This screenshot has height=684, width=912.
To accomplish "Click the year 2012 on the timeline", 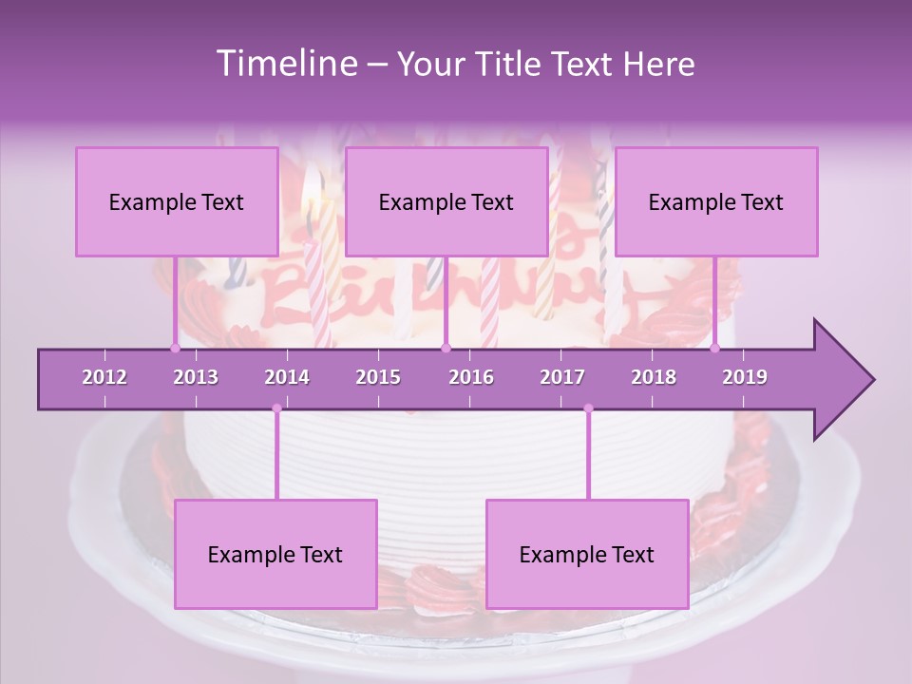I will (104, 377).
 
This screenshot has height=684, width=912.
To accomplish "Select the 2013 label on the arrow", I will (196, 377).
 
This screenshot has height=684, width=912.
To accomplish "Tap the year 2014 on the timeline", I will (287, 377).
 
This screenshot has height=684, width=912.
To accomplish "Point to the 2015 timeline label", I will (378, 377).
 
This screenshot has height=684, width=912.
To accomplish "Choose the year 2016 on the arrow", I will (471, 377).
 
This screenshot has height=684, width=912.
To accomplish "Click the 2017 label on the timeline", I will (562, 377).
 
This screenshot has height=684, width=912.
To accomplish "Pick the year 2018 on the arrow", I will (654, 377).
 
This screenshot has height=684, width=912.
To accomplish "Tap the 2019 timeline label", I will (745, 377).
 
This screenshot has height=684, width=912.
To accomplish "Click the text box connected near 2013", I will (177, 201).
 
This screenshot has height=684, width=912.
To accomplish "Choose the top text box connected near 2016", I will (446, 201).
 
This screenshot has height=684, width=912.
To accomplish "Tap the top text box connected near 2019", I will (716, 201).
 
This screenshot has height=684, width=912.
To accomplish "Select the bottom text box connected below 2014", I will (275, 554).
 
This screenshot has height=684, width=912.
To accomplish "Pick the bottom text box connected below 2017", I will (587, 554).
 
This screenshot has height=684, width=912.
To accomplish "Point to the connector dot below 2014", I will (276, 408).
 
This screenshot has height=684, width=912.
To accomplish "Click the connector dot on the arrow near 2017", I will (588, 408).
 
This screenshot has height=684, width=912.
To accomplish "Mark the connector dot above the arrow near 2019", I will (715, 348).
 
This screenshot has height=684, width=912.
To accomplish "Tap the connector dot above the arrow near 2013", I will (175, 348).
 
